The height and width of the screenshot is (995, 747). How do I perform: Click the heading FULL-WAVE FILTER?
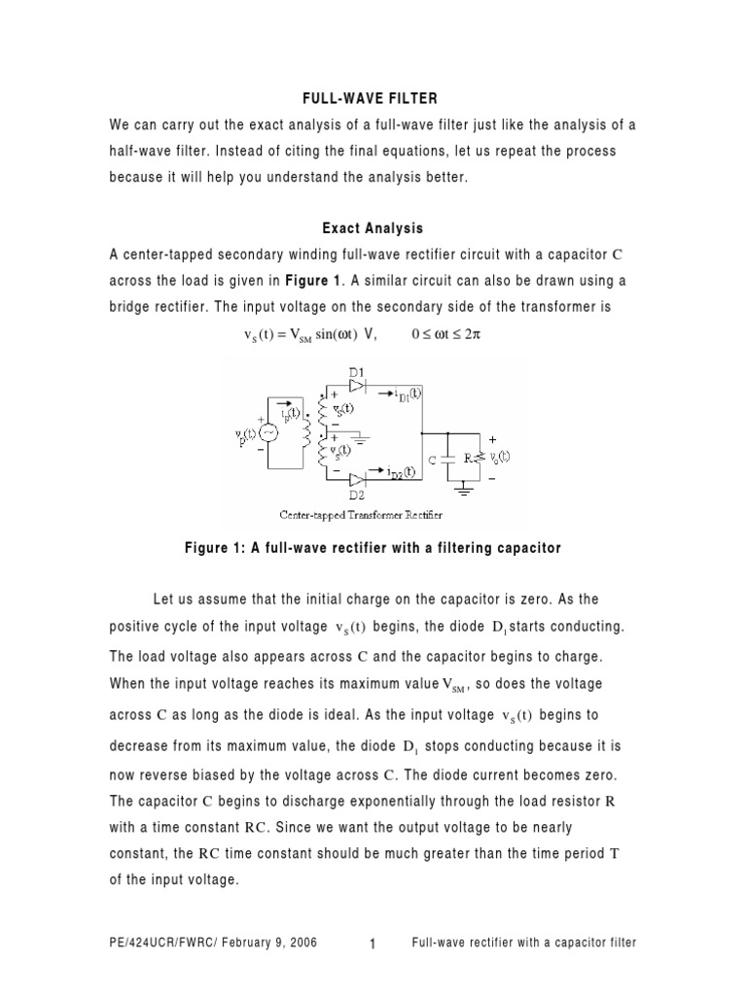pyautogui.click(x=373, y=99)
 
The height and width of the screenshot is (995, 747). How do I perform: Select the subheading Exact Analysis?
pyautogui.click(x=373, y=228)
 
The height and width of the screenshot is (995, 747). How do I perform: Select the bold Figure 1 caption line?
pyautogui.click(x=373, y=548)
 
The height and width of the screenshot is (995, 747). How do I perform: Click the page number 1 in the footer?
pyautogui.click(x=373, y=944)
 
